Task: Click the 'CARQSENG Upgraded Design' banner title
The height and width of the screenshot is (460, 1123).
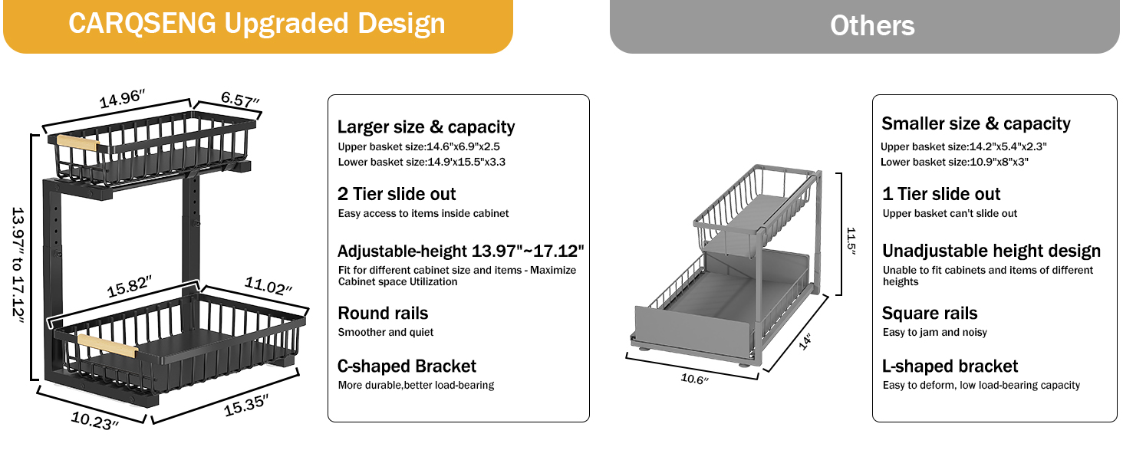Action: pyautogui.click(x=257, y=24)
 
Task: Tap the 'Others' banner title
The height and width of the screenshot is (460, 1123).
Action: pyautogui.click(x=872, y=25)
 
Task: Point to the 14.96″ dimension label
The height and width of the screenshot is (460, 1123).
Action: pyautogui.click(x=122, y=98)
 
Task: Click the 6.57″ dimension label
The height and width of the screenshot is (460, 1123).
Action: pyautogui.click(x=240, y=99)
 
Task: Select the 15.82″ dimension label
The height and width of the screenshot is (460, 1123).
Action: pyautogui.click(x=130, y=286)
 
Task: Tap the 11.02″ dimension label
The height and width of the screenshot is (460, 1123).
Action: pyautogui.click(x=268, y=286)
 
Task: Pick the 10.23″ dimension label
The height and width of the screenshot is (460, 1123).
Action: pyautogui.click(x=95, y=420)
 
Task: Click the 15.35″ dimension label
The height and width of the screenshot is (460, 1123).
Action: pyautogui.click(x=246, y=405)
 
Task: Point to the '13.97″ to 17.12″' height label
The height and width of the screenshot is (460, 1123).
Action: pyautogui.click(x=18, y=265)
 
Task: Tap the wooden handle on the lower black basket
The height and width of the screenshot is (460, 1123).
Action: pyautogui.click(x=107, y=346)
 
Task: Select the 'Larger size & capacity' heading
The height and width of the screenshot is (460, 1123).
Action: pyautogui.click(x=426, y=127)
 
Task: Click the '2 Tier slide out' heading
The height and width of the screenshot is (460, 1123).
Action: pyautogui.click(x=397, y=194)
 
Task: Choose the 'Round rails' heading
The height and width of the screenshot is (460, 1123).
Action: pyautogui.click(x=383, y=313)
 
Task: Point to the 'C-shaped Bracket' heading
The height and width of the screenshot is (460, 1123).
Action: pyautogui.click(x=407, y=366)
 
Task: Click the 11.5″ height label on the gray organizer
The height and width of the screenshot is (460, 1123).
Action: pyautogui.click(x=851, y=241)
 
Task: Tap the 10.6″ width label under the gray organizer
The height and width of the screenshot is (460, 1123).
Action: pyautogui.click(x=694, y=378)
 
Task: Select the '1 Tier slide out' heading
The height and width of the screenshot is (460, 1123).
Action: pyautogui.click(x=941, y=194)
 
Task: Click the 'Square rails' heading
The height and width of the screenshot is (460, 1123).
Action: pyautogui.click(x=930, y=313)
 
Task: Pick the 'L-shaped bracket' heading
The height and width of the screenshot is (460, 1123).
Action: pyautogui.click(x=950, y=366)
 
